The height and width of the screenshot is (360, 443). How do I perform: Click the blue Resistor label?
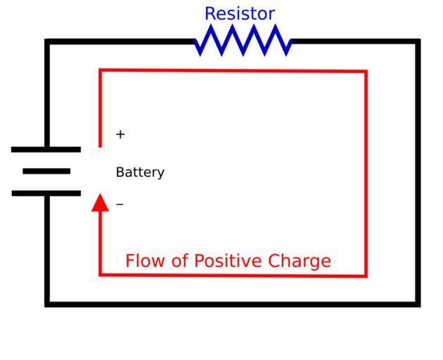(239, 13)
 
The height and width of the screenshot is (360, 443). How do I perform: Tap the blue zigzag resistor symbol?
(243, 40)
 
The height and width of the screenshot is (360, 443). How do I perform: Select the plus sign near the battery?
(120, 134)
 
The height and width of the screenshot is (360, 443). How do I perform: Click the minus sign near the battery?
(120, 205)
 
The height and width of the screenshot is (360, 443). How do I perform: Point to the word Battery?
(140, 172)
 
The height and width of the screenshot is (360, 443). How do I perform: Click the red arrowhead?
(101, 202)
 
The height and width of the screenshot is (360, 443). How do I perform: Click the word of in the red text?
(181, 262)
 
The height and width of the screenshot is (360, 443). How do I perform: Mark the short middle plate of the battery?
(46, 171)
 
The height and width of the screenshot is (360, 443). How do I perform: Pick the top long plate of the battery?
(46, 149)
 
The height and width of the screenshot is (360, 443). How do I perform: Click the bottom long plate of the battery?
(46, 193)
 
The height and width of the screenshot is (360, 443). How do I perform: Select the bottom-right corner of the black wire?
(418, 304)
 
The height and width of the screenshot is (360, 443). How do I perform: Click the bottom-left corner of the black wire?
(47, 304)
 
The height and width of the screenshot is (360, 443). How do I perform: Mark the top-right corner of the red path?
(366, 71)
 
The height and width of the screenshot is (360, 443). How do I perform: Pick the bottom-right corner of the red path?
(366, 276)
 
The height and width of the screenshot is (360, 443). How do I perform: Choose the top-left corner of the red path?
(101, 70)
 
